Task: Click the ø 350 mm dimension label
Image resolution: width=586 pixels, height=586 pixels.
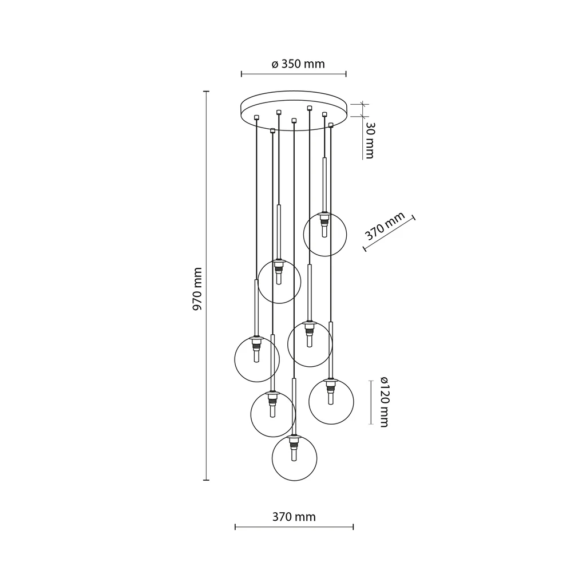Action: click(x=298, y=64)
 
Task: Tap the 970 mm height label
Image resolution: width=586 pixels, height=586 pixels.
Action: click(x=197, y=289)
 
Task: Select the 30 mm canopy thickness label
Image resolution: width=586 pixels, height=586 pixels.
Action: click(x=369, y=140)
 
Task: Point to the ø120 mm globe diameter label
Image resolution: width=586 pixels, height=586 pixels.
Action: click(x=383, y=402)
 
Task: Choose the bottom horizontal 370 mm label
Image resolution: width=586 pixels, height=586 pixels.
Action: click(x=294, y=517)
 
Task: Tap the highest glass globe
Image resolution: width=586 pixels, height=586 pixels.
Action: click(x=324, y=234)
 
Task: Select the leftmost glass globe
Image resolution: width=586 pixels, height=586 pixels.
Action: click(x=257, y=359)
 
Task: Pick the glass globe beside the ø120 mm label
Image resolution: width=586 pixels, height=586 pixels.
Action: click(x=331, y=401)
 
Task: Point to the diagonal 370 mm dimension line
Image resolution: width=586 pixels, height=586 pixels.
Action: click(x=389, y=233)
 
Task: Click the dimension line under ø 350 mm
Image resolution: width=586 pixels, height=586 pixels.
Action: click(x=294, y=74)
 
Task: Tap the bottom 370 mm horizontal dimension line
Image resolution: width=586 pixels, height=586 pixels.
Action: click(x=294, y=527)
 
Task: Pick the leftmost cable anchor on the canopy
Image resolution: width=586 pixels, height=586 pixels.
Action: click(x=256, y=117)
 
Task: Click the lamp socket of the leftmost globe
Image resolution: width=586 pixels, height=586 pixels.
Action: click(x=257, y=342)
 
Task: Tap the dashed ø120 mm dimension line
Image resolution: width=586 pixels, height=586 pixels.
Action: click(x=369, y=402)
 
